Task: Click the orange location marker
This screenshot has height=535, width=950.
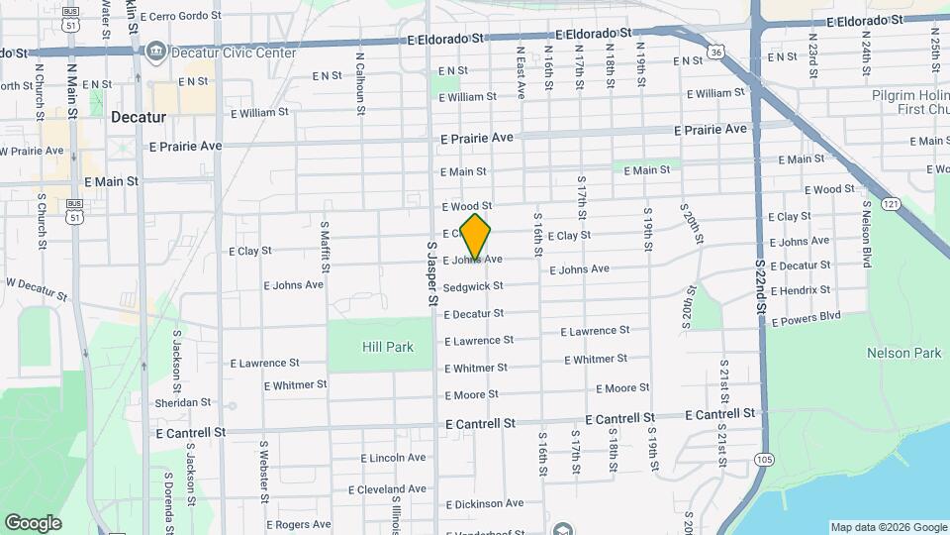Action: click(x=476, y=236)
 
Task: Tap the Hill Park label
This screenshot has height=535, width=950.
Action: click(x=388, y=347)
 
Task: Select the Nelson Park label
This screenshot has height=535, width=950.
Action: click(x=903, y=353)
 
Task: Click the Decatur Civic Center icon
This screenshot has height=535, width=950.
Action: click(x=155, y=52)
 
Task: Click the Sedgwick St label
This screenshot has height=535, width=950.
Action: click(x=473, y=286)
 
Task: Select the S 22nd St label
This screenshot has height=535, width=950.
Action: click(x=760, y=283)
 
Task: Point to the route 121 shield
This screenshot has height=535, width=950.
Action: click(x=892, y=203)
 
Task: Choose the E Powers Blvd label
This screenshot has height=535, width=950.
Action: click(x=805, y=318)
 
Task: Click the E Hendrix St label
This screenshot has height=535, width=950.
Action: click(x=799, y=290)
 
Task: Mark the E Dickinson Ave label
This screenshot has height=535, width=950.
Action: click(x=484, y=503)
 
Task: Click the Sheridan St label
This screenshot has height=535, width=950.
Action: click(x=183, y=402)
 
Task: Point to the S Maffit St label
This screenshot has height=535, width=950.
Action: click(x=325, y=248)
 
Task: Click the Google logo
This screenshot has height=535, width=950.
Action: click(x=33, y=522)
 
